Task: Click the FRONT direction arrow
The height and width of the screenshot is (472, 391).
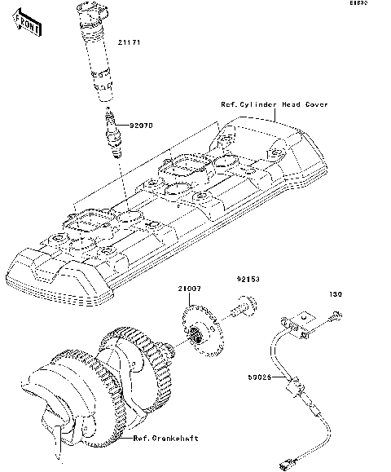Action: coord(27,26)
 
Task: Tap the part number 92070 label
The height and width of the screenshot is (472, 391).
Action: coord(133,126)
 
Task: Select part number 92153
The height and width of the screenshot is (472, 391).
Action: coord(248,279)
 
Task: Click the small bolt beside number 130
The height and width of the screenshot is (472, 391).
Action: coord(334,315)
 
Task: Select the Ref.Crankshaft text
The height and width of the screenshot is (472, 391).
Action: coord(167,438)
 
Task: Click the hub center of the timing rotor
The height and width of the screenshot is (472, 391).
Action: coord(196,337)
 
